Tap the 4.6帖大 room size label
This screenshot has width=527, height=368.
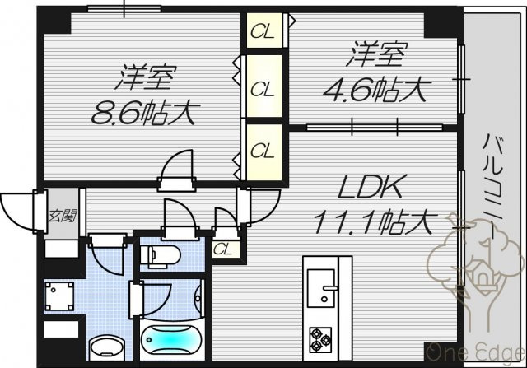point(374,90)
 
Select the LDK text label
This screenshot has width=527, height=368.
point(370,187)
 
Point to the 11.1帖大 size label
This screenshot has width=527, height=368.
point(372,221)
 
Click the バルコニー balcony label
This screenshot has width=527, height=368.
point(492,187)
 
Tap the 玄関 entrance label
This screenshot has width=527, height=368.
point(63,216)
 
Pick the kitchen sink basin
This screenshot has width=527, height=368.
point(321,288)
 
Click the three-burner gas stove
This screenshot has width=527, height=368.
point(320,339)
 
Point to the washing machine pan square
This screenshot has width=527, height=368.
point(59,296)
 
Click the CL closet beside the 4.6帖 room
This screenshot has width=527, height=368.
point(264,30)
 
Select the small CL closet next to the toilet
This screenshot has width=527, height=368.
point(226,249)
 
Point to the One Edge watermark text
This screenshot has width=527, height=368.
point(476,353)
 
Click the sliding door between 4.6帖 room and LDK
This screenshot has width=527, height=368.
point(375,127)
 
